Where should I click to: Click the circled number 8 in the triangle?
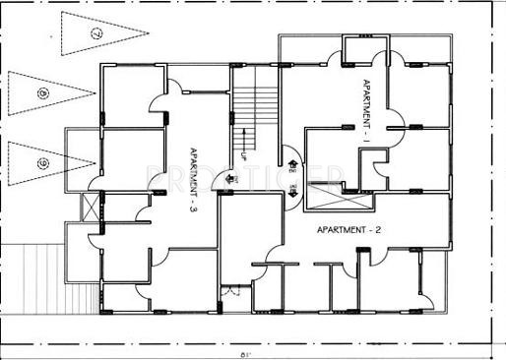[x=42, y=92]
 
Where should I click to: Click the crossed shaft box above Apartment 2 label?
[x=341, y=198]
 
